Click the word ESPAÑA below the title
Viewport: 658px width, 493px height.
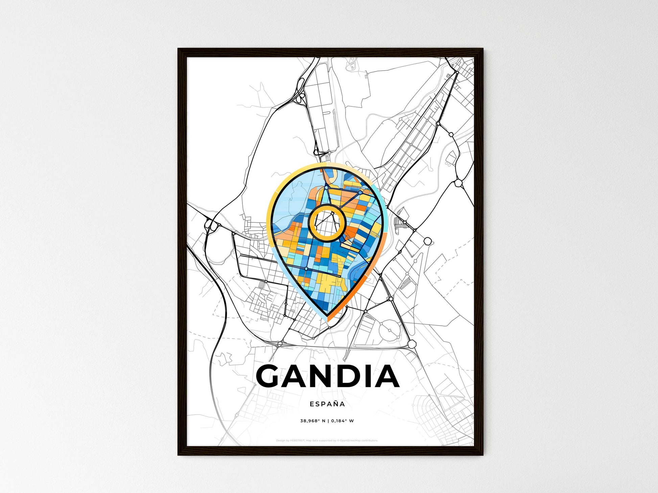tap(327, 404)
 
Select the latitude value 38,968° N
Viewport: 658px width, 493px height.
tap(313, 421)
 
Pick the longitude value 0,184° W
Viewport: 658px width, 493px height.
tap(343, 421)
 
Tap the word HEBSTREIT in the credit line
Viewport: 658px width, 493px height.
tap(297, 441)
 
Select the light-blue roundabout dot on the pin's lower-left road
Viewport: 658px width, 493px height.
tap(306, 269)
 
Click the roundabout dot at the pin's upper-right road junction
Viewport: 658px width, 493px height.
tap(360, 192)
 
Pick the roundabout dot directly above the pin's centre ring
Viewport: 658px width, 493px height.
tap(326, 187)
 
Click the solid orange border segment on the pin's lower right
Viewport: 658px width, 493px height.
tap(358, 291)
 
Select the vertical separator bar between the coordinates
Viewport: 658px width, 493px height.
tap(328, 421)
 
